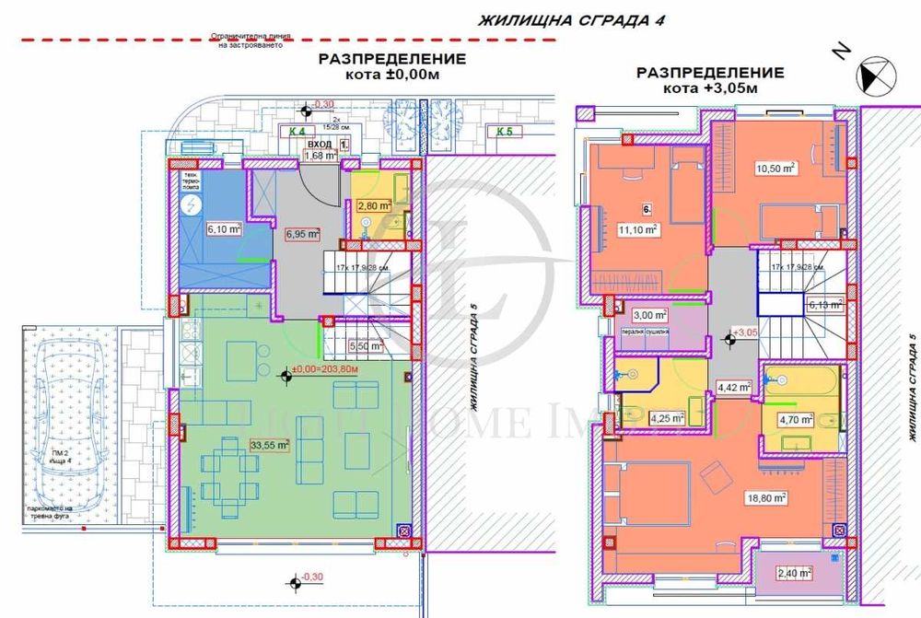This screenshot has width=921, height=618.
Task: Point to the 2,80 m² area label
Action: click(375, 206)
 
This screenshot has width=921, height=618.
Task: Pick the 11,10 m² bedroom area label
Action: click(637, 231)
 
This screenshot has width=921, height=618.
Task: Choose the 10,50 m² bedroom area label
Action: click(775, 168)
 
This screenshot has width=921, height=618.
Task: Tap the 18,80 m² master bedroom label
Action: click(767, 497)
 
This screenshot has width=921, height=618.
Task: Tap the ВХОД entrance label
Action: click(320, 145)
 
